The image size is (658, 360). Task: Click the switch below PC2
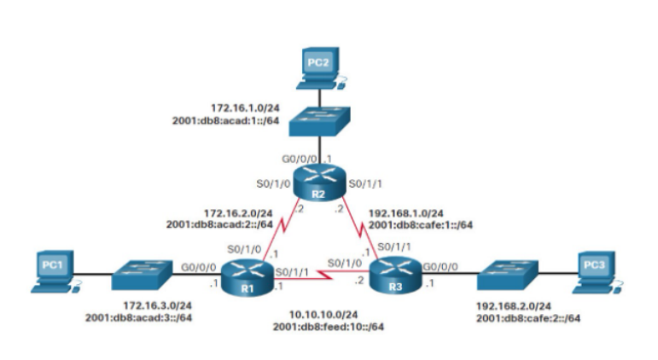(x=317, y=122)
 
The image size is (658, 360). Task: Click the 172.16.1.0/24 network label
(x=242, y=108)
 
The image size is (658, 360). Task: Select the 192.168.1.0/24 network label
(x=407, y=212)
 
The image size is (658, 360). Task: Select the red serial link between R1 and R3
(x=319, y=276)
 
